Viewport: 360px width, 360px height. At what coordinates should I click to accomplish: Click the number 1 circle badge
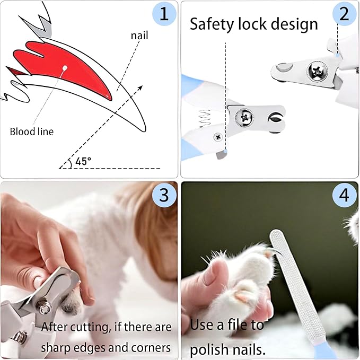point(164,14)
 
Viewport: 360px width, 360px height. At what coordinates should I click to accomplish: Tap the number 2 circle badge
point(344,14)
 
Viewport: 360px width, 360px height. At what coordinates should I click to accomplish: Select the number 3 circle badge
point(164,195)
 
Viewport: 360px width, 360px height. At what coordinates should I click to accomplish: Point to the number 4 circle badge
point(344,196)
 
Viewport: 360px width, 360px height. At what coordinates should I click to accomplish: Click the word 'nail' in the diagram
point(139,37)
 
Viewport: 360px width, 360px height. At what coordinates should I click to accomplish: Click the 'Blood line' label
point(32,131)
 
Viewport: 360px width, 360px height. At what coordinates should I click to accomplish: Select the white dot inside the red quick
point(65,68)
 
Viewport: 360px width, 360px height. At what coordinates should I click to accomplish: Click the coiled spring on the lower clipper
point(205,120)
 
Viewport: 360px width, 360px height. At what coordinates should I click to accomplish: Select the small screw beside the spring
point(218,137)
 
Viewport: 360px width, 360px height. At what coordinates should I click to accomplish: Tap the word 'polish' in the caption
point(212,350)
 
